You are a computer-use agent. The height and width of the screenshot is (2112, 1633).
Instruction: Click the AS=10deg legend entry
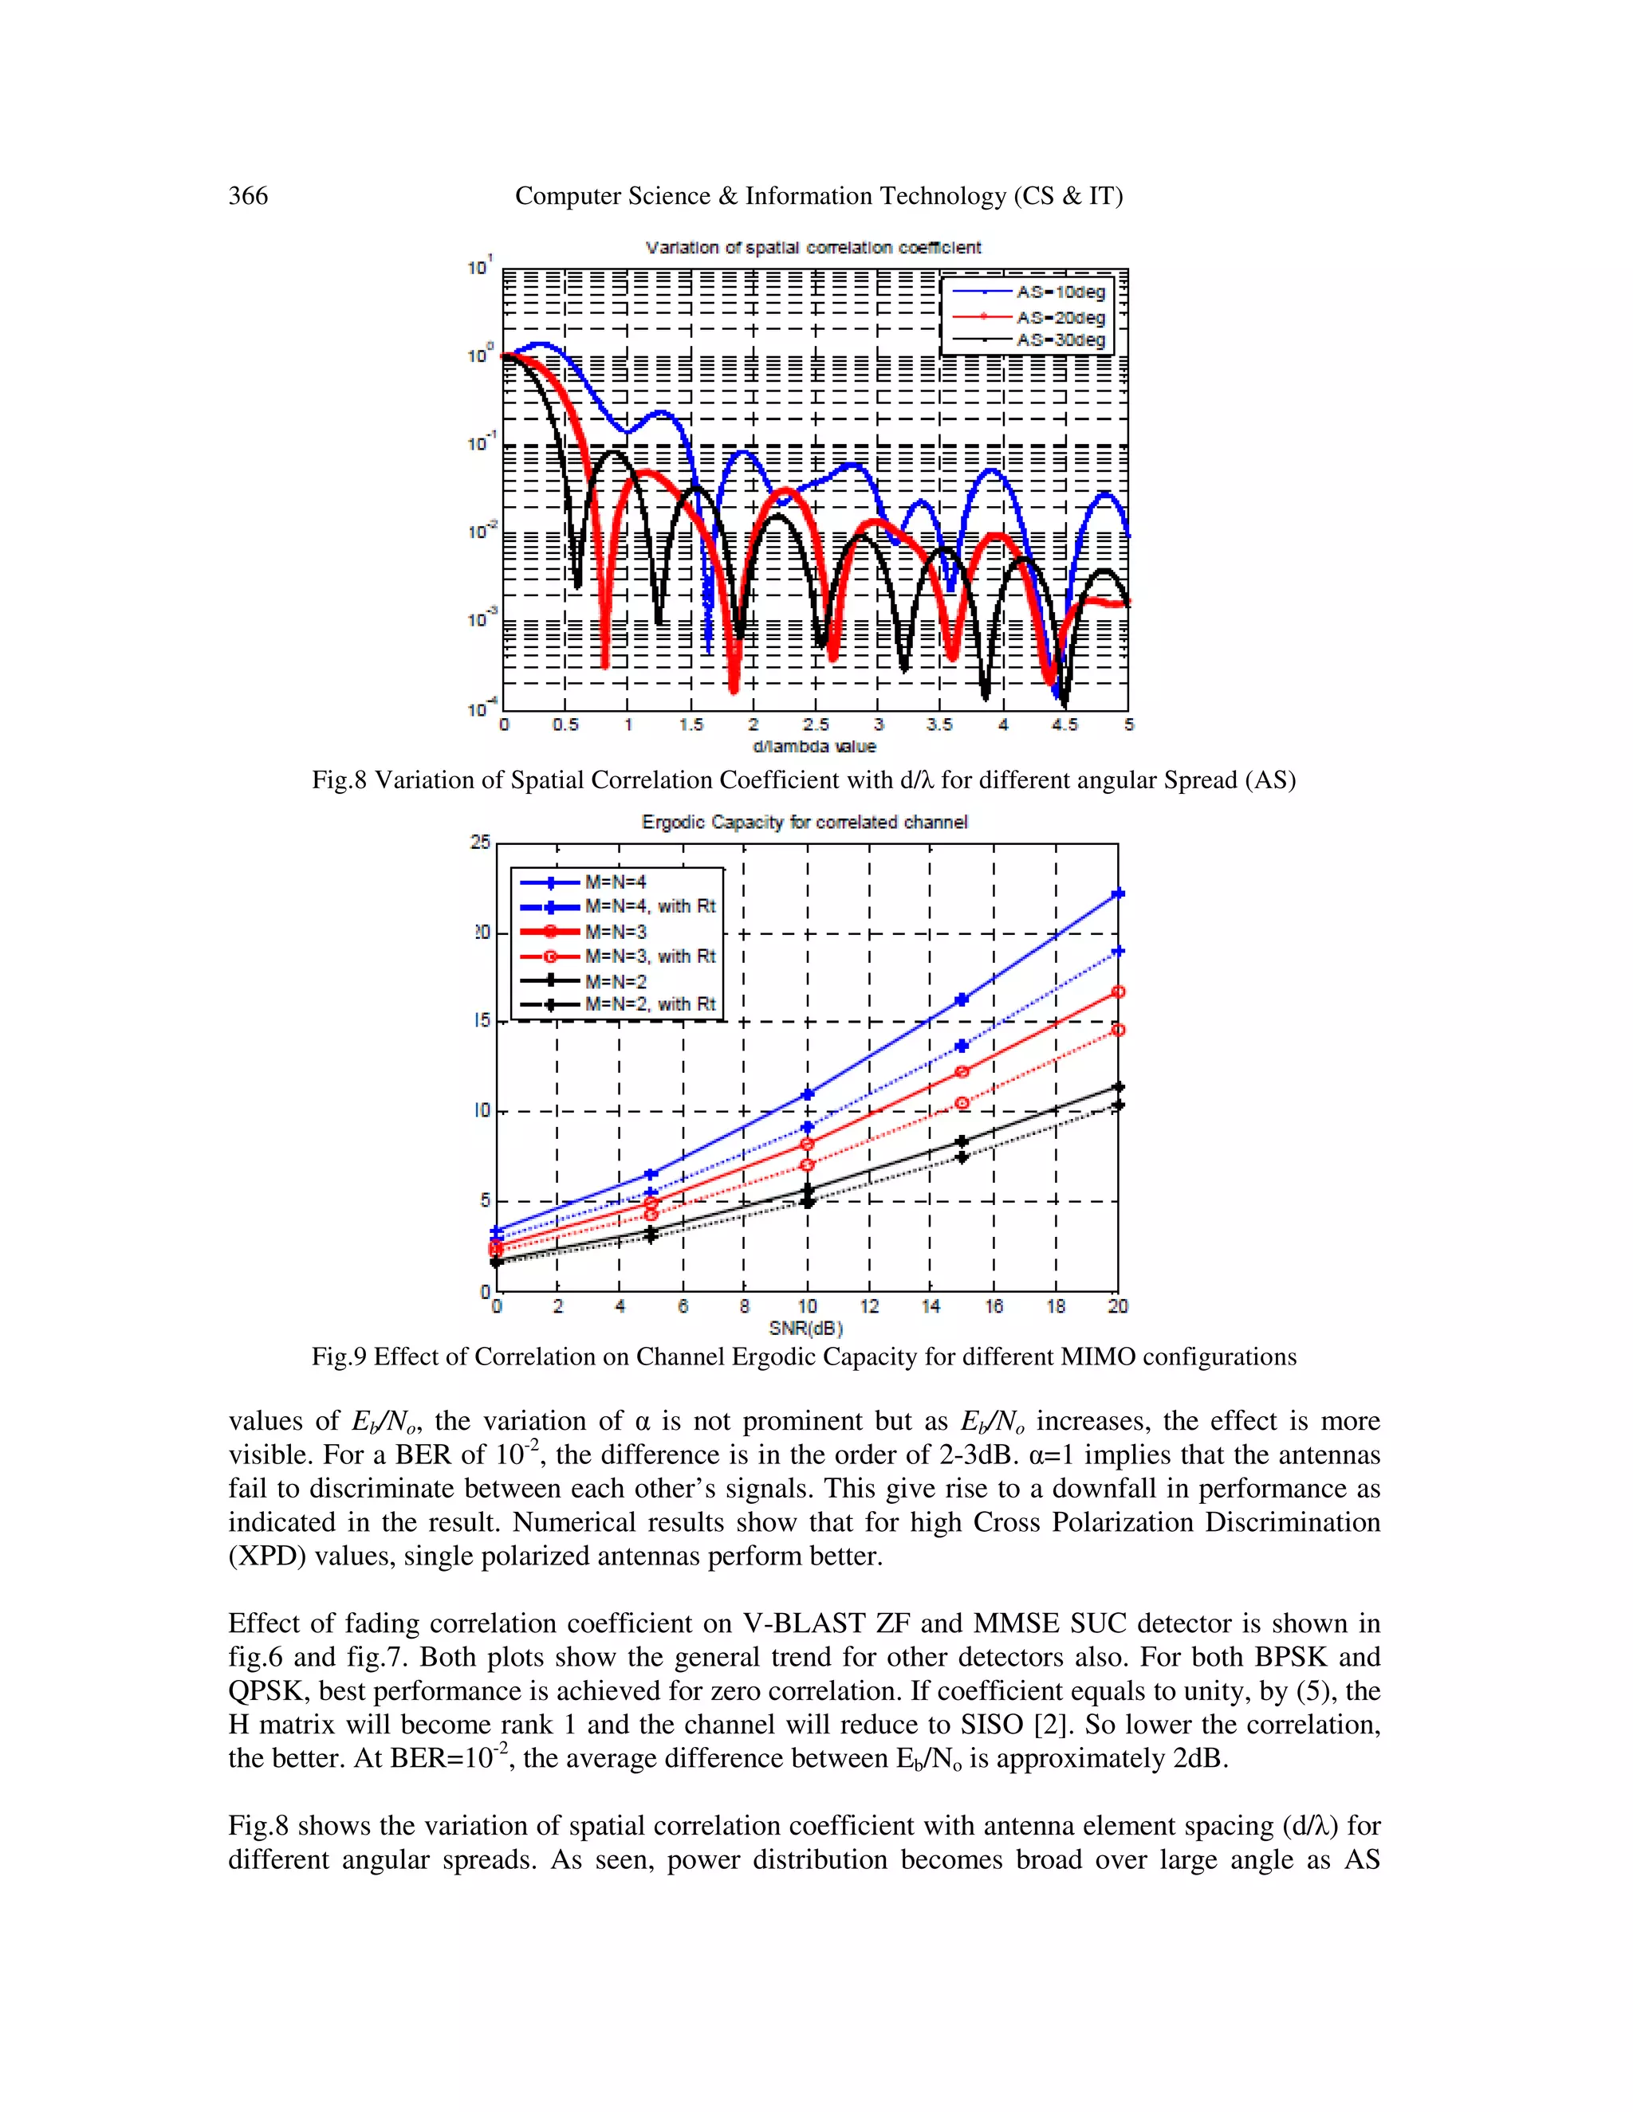tap(1060, 292)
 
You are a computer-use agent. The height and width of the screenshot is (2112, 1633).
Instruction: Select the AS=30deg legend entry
tap(1060, 340)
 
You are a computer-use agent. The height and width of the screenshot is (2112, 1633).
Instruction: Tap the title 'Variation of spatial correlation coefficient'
tap(813, 248)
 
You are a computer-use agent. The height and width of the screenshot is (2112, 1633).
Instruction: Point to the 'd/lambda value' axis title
tap(813, 747)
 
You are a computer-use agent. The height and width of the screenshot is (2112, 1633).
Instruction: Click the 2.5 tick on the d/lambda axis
tap(816, 724)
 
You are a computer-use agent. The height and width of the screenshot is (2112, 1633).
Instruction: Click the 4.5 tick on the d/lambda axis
tap(1064, 724)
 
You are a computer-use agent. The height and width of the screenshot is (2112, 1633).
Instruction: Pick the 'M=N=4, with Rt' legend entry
tap(649, 906)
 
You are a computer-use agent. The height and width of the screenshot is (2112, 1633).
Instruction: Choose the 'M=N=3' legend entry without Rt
tap(616, 931)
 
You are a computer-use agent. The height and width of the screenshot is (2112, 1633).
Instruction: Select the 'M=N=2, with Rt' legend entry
tap(649, 1005)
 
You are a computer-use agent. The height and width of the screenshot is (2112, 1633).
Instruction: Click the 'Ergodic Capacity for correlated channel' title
tap(804, 822)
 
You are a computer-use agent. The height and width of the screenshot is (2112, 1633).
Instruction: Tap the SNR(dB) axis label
tap(806, 1328)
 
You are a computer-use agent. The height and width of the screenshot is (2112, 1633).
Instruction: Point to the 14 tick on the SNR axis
tap(931, 1306)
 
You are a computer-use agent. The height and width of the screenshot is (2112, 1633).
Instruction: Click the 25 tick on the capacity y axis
tap(481, 842)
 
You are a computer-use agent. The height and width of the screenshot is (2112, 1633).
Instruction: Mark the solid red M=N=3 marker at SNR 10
tap(807, 1144)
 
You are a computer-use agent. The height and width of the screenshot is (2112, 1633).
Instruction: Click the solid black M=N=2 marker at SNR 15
tap(962, 1142)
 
